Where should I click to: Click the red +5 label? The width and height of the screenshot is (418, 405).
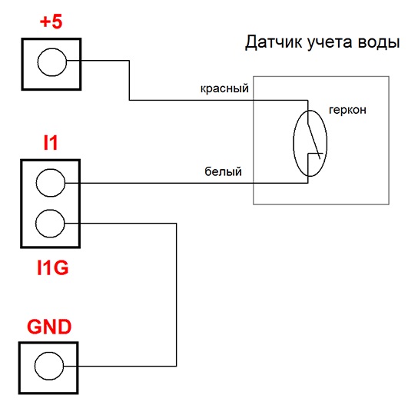pyautogui.click(x=51, y=22)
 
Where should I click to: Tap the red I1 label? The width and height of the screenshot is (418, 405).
pyautogui.click(x=51, y=143)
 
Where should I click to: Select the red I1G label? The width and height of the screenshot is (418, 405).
pyautogui.click(x=53, y=267)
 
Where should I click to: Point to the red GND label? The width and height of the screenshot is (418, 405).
pyautogui.click(x=49, y=327)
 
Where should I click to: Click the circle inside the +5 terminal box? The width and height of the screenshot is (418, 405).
pyautogui.click(x=52, y=62)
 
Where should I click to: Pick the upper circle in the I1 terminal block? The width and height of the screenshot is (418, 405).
pyautogui.click(x=51, y=183)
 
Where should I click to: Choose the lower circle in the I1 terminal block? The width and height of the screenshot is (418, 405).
pyautogui.click(x=50, y=224)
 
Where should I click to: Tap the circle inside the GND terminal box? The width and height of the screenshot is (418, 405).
pyautogui.click(x=49, y=366)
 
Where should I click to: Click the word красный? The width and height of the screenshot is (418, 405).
pyautogui.click(x=224, y=88)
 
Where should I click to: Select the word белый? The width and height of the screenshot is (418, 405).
pyautogui.click(x=223, y=171)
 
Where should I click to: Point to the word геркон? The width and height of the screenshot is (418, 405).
pyautogui.click(x=347, y=110)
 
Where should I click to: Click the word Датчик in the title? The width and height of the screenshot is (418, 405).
pyautogui.click(x=274, y=43)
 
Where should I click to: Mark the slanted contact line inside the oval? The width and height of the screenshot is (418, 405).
pyautogui.click(x=313, y=141)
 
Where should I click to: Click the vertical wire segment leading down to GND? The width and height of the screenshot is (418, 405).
pyautogui.click(x=176, y=294)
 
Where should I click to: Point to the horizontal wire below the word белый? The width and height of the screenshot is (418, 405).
pyautogui.click(x=187, y=183)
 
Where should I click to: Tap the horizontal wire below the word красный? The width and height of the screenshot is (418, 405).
pyautogui.click(x=218, y=100)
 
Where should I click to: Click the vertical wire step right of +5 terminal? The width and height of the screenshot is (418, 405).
pyautogui.click(x=129, y=80)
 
